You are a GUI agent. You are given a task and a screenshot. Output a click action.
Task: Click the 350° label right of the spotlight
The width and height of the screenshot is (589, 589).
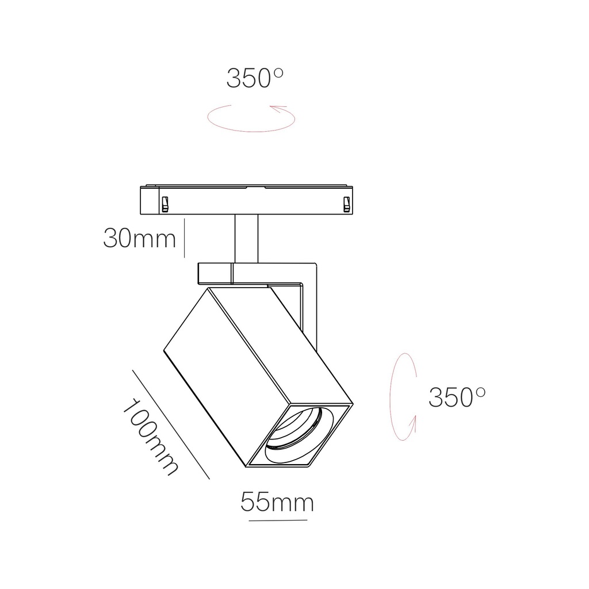(457, 396)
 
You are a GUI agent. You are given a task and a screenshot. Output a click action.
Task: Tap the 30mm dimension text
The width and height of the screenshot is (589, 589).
(139, 238)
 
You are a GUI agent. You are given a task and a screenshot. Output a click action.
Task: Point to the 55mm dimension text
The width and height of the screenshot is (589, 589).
(277, 502)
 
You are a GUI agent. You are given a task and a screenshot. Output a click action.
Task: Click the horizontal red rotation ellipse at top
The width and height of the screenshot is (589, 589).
(251, 119)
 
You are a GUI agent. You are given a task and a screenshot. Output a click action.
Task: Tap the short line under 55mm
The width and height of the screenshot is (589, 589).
(278, 521)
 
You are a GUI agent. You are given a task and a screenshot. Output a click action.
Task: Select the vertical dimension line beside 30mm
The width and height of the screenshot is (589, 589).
(184, 238)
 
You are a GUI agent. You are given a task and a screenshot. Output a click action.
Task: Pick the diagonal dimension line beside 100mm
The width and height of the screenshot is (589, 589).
(171, 424)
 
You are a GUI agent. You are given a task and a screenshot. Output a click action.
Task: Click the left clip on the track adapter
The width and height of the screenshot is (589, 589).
(165, 204)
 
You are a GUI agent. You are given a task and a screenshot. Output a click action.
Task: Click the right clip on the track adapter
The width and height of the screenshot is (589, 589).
(346, 204)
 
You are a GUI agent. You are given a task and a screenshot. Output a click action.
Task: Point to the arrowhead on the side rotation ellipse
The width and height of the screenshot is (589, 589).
(412, 424)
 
